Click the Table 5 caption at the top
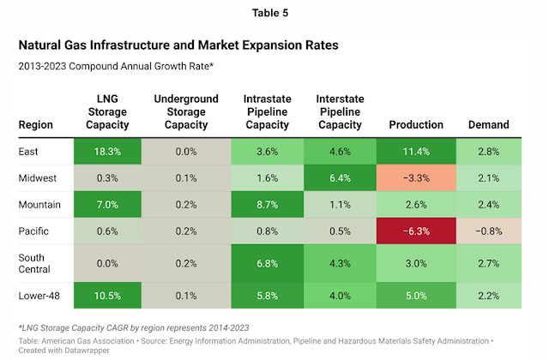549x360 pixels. [x=274, y=13]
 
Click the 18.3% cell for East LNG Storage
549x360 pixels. [x=108, y=152]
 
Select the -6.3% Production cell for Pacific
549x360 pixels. [x=417, y=231]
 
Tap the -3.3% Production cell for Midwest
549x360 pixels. [x=417, y=177]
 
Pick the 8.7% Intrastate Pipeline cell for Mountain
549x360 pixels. [x=268, y=204]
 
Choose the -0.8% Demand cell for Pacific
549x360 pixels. [x=489, y=231]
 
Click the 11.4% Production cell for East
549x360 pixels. [x=417, y=152]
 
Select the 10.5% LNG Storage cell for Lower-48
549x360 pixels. [x=108, y=296]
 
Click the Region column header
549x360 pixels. [x=36, y=125]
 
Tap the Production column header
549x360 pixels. [x=416, y=125]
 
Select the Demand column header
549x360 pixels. [x=489, y=125]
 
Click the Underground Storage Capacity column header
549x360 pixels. [x=186, y=112]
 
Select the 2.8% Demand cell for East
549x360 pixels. [x=489, y=152]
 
